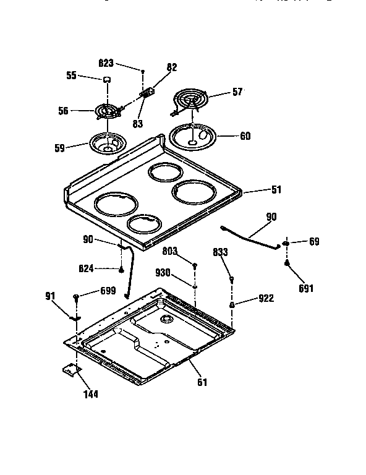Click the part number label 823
click(106, 62)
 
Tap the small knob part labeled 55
click(107, 79)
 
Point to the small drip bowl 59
click(108, 143)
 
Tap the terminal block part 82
click(148, 92)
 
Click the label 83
click(137, 124)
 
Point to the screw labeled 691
click(287, 263)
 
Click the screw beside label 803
click(195, 266)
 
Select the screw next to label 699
click(75, 297)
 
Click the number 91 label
click(51, 296)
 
